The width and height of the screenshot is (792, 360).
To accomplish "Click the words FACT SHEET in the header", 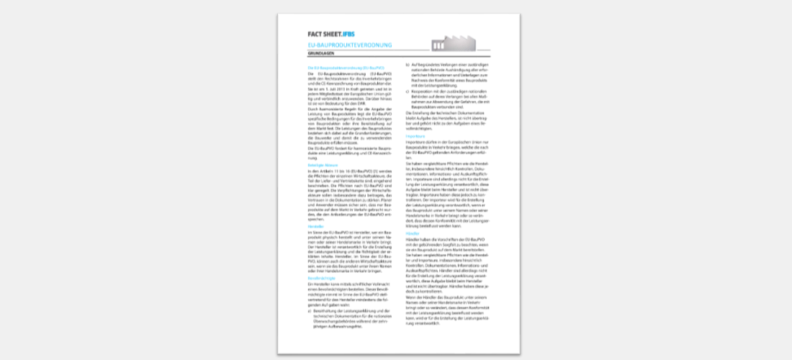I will coord(325,34).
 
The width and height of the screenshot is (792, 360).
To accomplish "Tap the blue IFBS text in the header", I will coord(348,34).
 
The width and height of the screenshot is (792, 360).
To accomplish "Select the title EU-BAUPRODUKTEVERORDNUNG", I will coord(350,46).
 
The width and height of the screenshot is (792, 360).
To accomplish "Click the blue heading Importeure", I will coord(415,135).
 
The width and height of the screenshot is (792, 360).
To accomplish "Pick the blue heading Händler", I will coord(413,233).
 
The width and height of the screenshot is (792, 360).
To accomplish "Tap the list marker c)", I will coord(408,91).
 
